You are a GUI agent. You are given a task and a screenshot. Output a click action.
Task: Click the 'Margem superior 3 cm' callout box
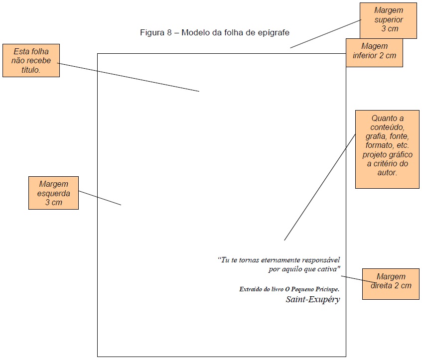click(x=388, y=20)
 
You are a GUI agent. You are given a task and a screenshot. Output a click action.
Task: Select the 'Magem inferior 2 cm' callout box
click(x=374, y=52)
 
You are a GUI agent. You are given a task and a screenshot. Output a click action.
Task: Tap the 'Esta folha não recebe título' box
click(x=31, y=60)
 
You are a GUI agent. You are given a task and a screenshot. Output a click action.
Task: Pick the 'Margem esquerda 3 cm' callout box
click(x=53, y=193)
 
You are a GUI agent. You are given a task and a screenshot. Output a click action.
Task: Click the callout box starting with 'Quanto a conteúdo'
click(x=387, y=149)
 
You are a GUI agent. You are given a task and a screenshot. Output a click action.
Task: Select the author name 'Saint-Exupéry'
click(x=313, y=299)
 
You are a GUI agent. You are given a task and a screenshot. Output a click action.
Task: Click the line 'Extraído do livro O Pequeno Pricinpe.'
click(x=289, y=289)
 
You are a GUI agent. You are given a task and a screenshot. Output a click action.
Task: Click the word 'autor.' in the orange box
click(x=387, y=173)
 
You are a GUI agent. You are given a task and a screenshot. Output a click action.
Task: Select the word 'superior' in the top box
click(x=389, y=20)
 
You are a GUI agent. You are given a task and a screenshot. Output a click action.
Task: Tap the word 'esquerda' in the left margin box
click(x=53, y=193)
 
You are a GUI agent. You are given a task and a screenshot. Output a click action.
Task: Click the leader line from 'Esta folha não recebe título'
click(x=130, y=77)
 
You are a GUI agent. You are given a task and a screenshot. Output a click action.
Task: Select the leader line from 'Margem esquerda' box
click(x=100, y=198)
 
